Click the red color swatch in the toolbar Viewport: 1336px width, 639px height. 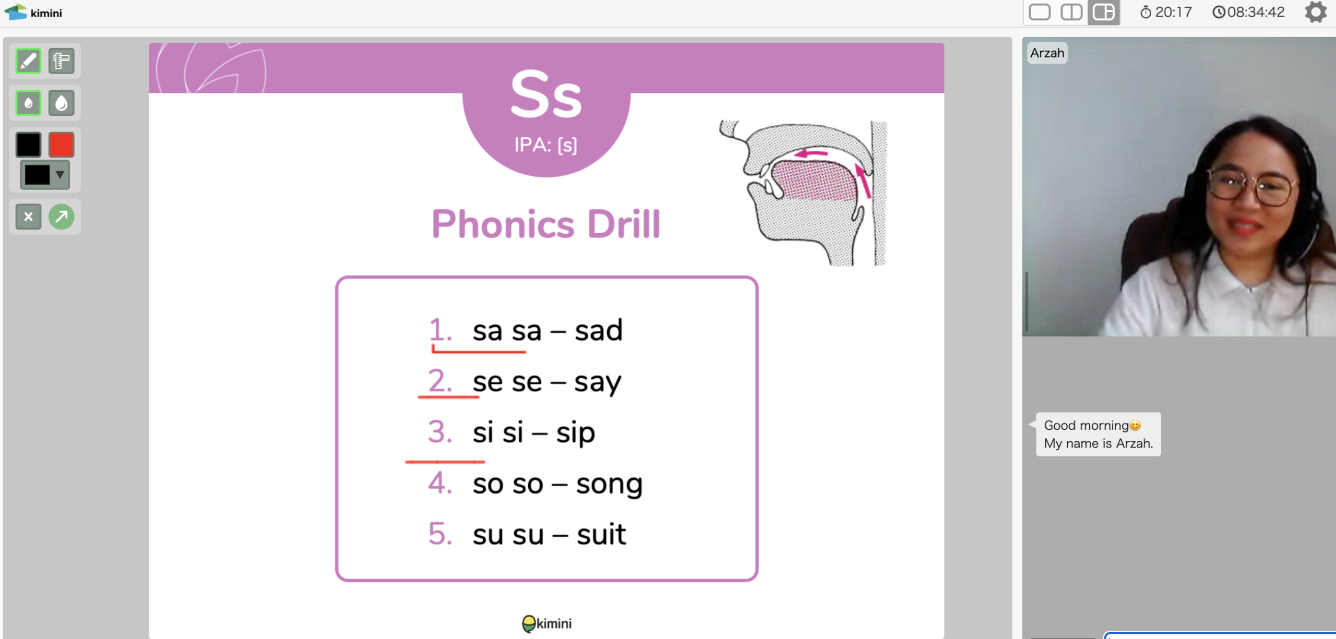pyautogui.click(x=62, y=144)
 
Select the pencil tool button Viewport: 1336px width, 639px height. pyautogui.click(x=28, y=61)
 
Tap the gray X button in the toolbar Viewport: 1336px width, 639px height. pyautogui.click(x=28, y=216)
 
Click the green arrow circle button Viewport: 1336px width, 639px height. pyautogui.click(x=62, y=216)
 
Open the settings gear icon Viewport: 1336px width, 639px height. pyautogui.click(x=1316, y=12)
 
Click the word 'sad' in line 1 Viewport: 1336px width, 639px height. pyautogui.click(x=599, y=330)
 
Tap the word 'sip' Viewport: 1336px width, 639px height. pyautogui.click(x=575, y=433)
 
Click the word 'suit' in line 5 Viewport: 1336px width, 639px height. pyautogui.click(x=601, y=534)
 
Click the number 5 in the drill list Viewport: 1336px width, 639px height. pyautogui.click(x=440, y=534)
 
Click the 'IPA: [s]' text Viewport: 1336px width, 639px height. pyautogui.click(x=546, y=144)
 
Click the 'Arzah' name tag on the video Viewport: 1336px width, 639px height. pyautogui.click(x=1047, y=53)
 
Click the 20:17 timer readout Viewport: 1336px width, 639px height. pyautogui.click(x=1166, y=12)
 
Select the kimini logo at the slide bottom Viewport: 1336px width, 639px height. pyautogui.click(x=546, y=623)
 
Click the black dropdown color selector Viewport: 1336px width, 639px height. pyautogui.click(x=45, y=174)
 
